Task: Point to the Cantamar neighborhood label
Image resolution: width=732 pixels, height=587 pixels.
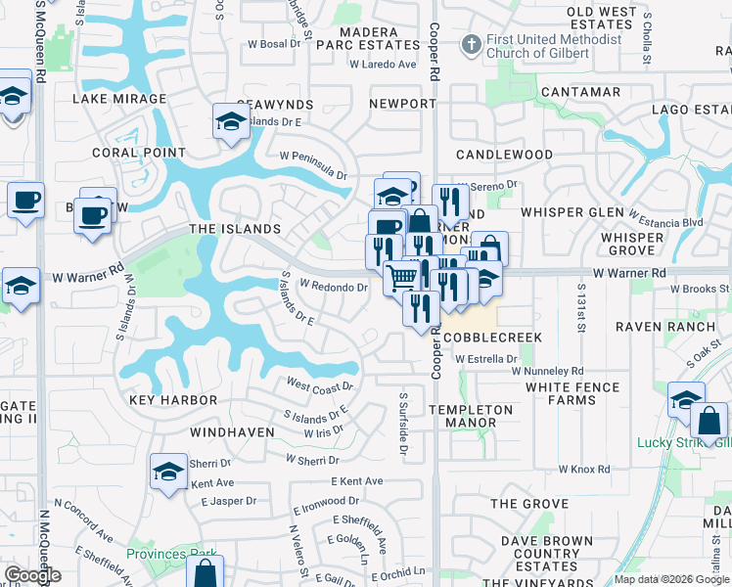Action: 580,92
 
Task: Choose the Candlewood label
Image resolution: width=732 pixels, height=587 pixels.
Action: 504,155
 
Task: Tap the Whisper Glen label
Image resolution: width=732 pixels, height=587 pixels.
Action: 572,212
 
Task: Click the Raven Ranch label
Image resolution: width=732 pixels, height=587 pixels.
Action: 660,325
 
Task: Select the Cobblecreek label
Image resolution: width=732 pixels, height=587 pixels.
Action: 492,337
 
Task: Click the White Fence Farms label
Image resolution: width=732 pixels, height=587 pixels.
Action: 572,393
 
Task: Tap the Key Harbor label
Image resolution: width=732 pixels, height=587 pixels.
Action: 173,401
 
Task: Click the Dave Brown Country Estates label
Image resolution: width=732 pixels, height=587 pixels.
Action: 546,554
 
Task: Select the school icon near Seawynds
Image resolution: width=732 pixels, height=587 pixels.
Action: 231,121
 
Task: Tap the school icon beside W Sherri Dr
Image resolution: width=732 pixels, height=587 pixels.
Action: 168,473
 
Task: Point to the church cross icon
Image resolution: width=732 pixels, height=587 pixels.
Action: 471,44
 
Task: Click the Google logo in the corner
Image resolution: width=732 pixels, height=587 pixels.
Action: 33,575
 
